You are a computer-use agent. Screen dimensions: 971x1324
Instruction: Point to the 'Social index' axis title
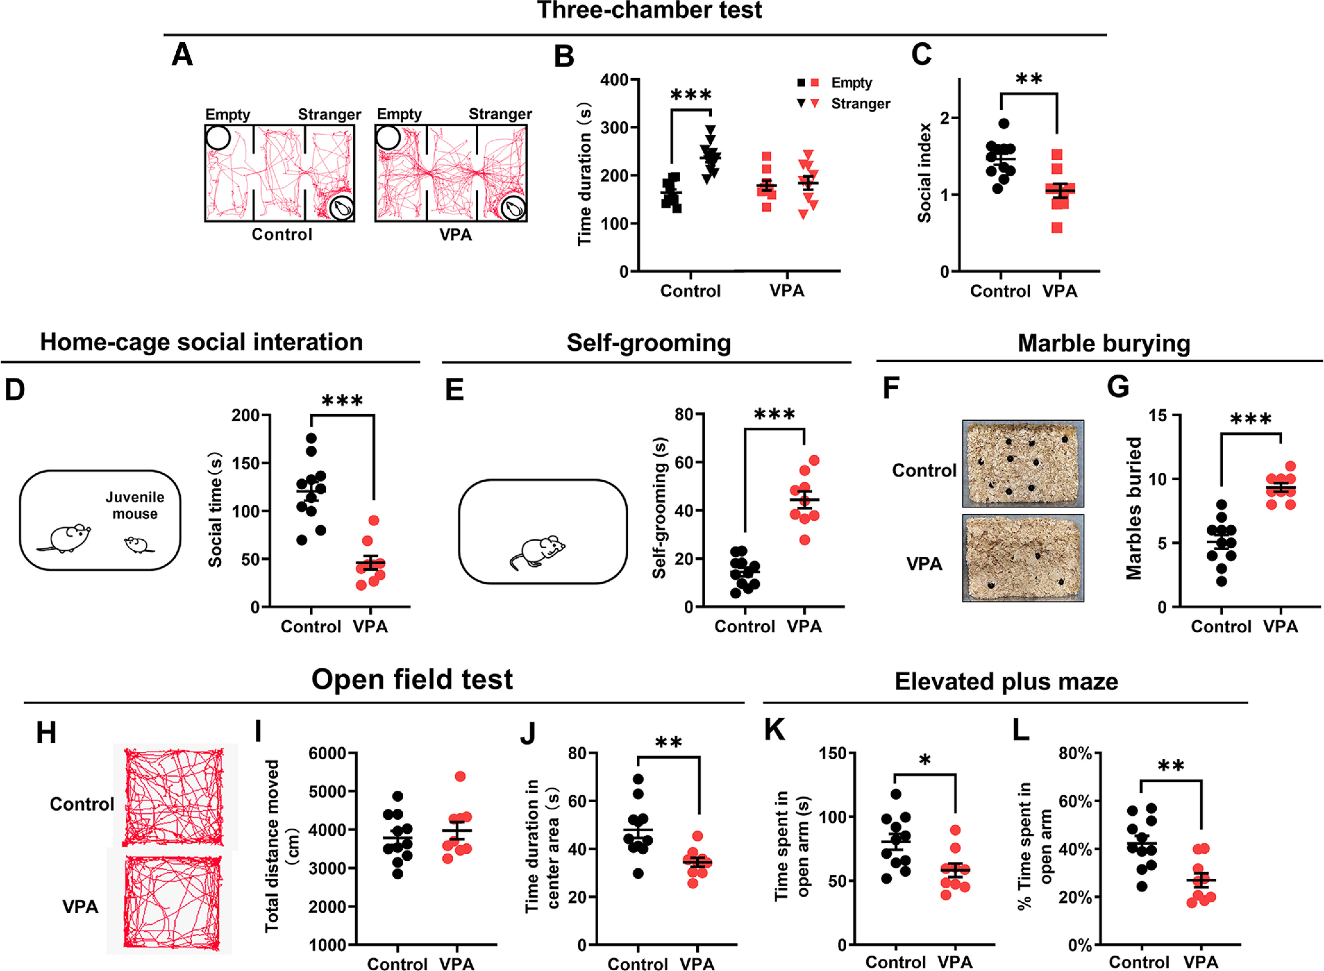click(x=924, y=173)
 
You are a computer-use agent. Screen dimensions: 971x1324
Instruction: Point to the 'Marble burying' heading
click(x=1104, y=343)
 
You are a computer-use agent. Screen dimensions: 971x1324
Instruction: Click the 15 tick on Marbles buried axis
click(x=1158, y=415)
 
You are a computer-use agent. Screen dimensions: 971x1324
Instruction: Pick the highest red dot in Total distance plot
click(x=460, y=776)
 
